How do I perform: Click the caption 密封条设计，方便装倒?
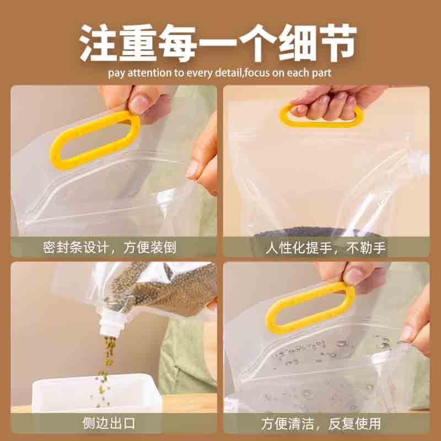click(110, 246)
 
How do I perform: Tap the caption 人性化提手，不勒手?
click(326, 246)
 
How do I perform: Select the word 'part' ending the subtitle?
click(322, 73)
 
